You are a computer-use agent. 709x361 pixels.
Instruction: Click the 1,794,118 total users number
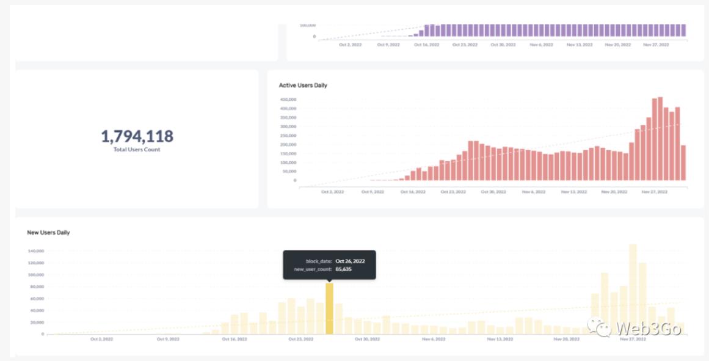click(137, 136)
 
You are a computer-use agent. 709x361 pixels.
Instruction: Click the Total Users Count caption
click(137, 150)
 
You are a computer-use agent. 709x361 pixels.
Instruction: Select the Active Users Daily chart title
click(303, 86)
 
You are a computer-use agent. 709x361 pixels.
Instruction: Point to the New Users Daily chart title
click(48, 233)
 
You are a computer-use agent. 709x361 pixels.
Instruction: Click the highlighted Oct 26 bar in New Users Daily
click(329, 308)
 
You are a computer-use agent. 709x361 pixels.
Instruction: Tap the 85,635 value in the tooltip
click(343, 269)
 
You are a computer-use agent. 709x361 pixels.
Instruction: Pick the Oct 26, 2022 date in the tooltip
click(350, 261)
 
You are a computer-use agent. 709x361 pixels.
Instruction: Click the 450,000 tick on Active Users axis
click(288, 100)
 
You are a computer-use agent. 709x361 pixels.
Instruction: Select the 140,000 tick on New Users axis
click(36, 251)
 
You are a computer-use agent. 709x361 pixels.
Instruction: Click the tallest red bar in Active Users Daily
click(660, 139)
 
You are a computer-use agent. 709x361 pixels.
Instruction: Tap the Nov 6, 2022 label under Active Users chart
click(533, 192)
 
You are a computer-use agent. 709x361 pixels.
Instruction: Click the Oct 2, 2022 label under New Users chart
click(101, 339)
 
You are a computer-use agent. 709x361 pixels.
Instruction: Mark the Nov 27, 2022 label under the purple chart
click(656, 45)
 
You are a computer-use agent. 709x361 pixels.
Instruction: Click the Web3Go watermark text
click(644, 328)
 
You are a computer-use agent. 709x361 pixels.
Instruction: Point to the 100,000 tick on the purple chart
click(307, 26)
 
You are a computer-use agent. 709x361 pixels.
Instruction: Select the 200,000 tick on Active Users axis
click(288, 145)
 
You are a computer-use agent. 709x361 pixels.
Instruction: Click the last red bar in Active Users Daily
click(683, 162)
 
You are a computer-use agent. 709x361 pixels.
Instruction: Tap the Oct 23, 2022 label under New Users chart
click(300, 339)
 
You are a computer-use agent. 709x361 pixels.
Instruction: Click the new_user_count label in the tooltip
click(313, 269)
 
